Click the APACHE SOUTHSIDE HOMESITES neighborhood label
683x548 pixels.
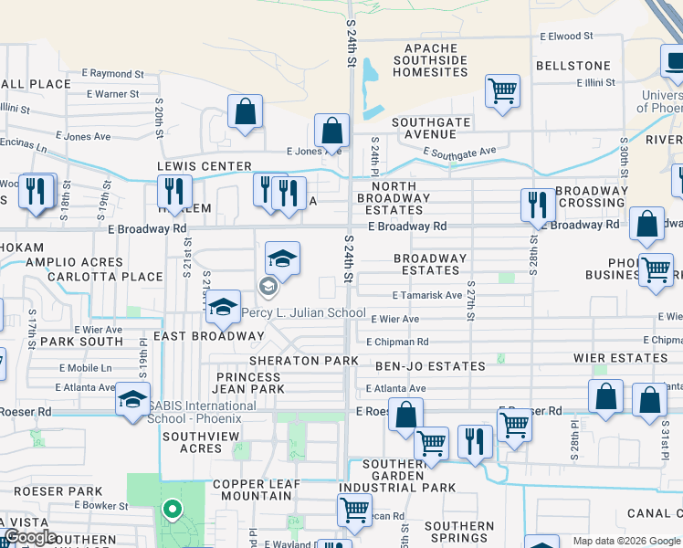coord(436,59)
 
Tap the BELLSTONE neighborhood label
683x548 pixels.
coord(573,66)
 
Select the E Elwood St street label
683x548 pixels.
coord(566,37)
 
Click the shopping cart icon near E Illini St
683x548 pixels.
coord(502,91)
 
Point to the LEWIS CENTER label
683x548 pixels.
coord(204,166)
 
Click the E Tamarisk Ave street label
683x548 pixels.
coord(427,295)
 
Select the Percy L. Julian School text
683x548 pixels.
coord(303,312)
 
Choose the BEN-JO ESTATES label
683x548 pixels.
coord(430,366)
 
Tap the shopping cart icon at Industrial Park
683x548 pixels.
coord(354,510)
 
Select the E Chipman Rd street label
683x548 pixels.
coord(397,342)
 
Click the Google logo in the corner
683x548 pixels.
coord(31,537)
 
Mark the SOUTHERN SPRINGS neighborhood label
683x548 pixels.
coord(459,532)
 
